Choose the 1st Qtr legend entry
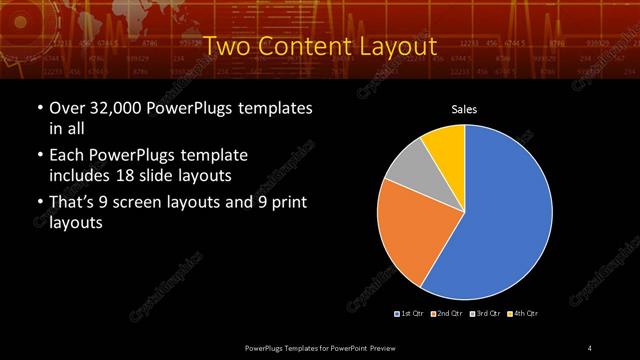click(410, 313)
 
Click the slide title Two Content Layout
click(320, 46)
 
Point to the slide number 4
click(590, 347)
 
